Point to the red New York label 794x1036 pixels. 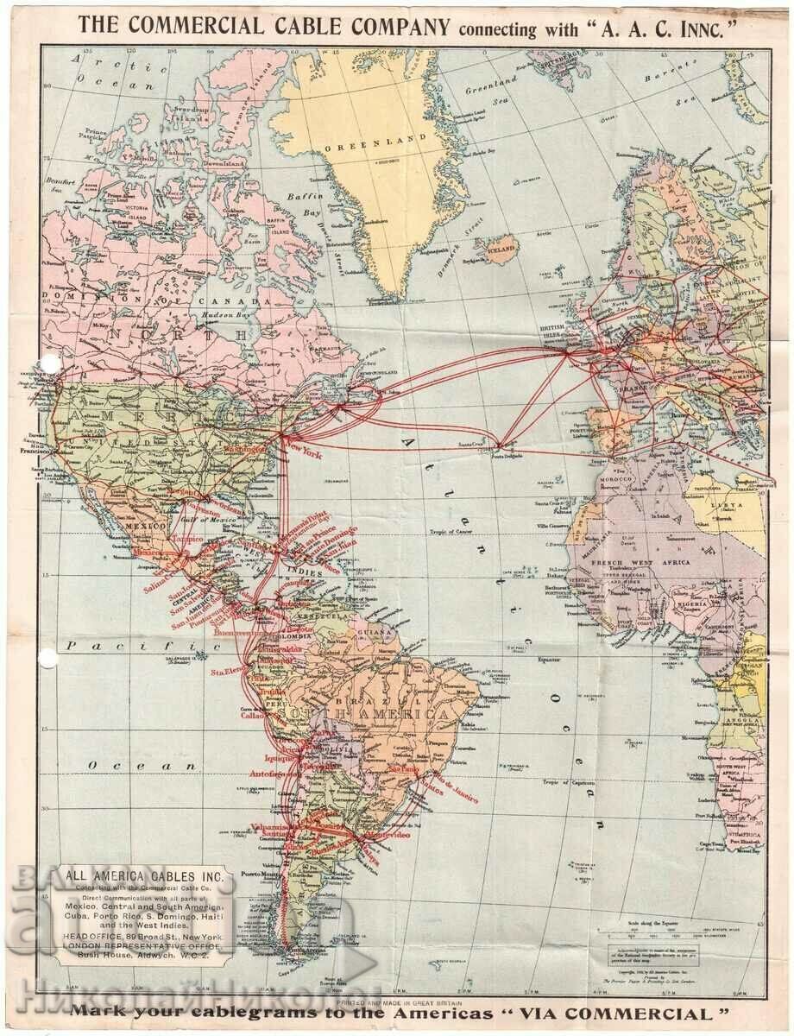coord(306,452)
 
